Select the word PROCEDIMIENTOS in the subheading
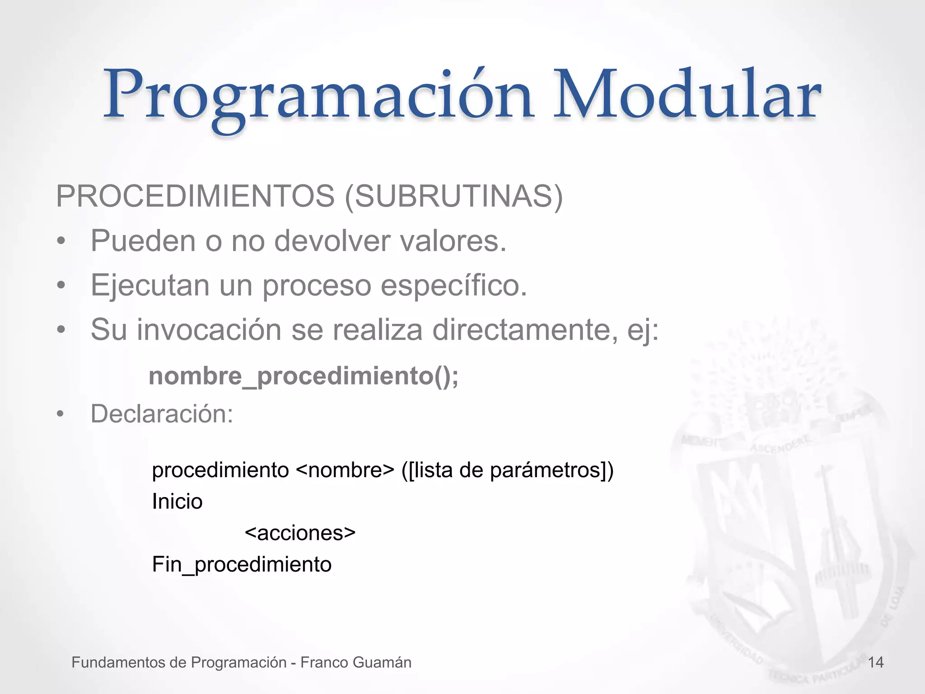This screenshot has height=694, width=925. coord(195,197)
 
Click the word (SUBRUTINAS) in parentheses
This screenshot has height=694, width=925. coord(454,197)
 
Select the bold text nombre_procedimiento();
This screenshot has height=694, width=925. coord(304,376)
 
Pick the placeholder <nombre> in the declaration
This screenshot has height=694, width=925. coord(346,470)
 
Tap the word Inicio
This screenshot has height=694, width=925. coord(177,502)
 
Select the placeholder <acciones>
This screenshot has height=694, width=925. coord(300,533)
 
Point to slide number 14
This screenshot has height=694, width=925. coord(876,662)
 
